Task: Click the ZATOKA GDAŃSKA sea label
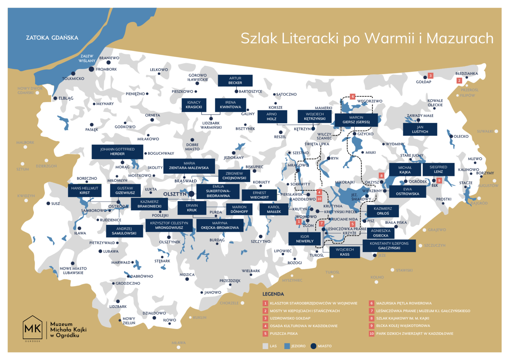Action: point(52,38)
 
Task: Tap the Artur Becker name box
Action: point(235,81)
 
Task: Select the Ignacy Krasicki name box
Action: point(194,105)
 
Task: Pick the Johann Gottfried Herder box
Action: point(117,151)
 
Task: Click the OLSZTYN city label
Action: point(175,194)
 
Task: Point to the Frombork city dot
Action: point(91,69)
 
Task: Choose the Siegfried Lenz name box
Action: point(438,169)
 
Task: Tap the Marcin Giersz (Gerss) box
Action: point(356,120)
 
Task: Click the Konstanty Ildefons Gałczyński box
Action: point(389,246)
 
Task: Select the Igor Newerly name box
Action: point(305,239)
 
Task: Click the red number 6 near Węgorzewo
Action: point(353,97)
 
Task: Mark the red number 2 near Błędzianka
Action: point(459,81)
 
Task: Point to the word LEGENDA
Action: point(273,294)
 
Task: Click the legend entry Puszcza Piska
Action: point(284,333)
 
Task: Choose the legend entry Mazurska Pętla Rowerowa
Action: point(404,303)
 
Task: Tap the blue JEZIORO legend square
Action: point(287,346)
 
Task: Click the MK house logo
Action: point(32,328)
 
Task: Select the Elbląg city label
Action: point(66,98)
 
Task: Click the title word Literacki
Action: point(310,38)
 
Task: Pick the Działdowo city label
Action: point(154,313)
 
